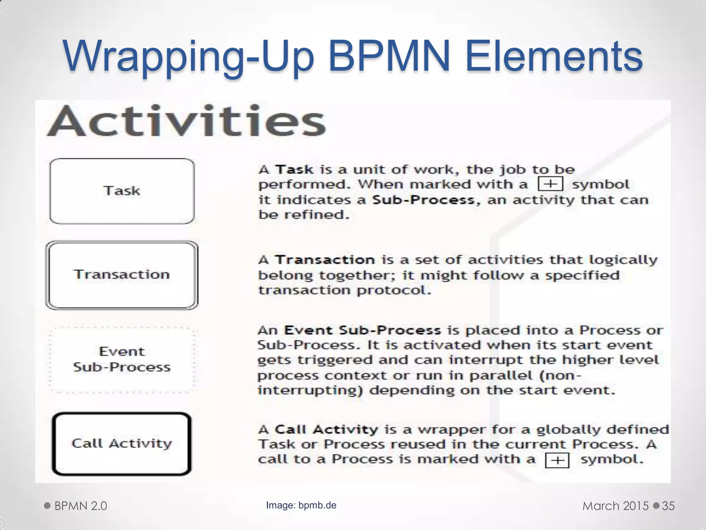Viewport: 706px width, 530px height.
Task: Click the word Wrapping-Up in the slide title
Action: [188, 57]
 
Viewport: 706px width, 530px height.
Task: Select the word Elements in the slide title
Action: [554, 57]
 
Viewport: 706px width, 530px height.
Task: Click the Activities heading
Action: [186, 121]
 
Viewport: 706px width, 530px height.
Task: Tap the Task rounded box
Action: [122, 191]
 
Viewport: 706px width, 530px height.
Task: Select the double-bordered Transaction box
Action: [122, 275]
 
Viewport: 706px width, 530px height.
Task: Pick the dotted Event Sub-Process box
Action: [122, 359]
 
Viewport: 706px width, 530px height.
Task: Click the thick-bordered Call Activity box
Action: [122, 444]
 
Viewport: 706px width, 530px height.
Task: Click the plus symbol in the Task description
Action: [551, 184]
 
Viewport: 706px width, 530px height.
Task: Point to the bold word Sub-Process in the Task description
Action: [423, 200]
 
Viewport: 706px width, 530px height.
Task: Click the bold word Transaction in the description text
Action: [325, 260]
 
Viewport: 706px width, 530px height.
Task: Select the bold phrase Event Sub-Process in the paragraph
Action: [362, 330]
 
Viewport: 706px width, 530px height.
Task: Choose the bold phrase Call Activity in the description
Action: [326, 430]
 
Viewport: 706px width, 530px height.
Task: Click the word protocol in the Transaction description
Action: [394, 290]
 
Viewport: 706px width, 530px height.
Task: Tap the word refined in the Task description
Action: [316, 215]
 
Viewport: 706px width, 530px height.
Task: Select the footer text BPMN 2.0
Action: [81, 506]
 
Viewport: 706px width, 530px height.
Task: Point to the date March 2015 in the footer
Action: [615, 506]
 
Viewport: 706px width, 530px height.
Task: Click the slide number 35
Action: [668, 506]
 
